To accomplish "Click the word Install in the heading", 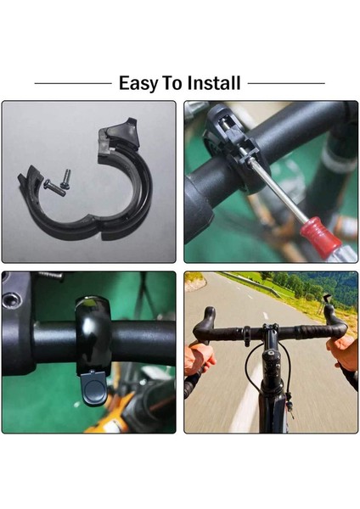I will (x=211, y=83).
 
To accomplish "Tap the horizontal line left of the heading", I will (x=72, y=83).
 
